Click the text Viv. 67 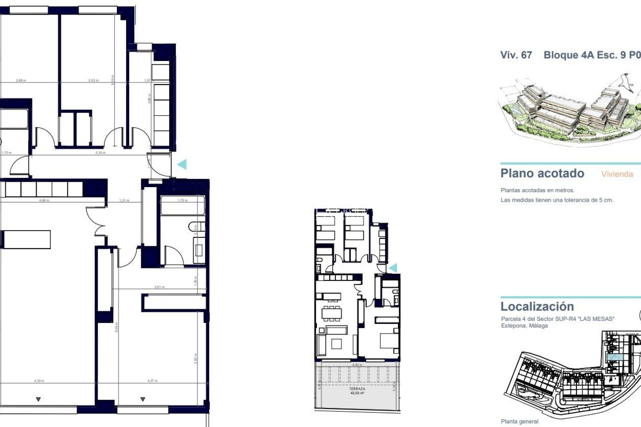point(516,55)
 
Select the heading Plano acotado point(542,173)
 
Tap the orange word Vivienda point(617,174)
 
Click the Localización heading point(537,306)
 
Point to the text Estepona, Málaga point(524,326)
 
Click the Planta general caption point(519,421)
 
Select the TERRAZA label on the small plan point(357,389)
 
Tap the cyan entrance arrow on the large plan point(182,164)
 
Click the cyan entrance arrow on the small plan point(393,268)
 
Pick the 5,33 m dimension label point(100,153)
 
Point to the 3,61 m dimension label point(159,287)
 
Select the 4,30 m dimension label point(39,381)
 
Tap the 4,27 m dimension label point(153,381)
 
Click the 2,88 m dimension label point(21,80)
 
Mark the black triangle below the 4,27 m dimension point(143,399)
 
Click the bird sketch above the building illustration point(625,82)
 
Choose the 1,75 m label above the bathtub point(183,200)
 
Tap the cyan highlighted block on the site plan point(615,357)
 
